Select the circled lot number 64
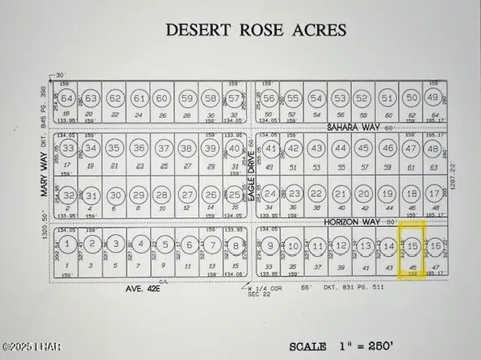[68, 99]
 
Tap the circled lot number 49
[434, 98]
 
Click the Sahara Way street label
[352, 127]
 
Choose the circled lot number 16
[436, 245]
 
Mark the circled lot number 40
[234, 149]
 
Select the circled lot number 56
[270, 98]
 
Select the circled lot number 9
[271, 245]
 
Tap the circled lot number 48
[435, 149]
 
